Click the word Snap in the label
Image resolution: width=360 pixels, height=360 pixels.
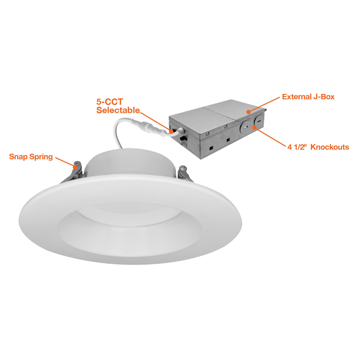point(18,157)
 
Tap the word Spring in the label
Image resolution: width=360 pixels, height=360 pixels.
point(41,157)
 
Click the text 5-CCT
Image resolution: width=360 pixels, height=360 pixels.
point(110,102)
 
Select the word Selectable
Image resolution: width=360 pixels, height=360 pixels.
point(118,110)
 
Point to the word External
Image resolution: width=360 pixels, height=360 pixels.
point(296,97)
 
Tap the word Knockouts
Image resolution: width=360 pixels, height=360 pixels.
point(330,147)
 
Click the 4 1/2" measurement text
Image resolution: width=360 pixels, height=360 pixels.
point(297,147)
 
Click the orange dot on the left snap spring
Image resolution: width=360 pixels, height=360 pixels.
point(75,167)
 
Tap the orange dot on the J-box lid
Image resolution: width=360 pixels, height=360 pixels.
point(248,112)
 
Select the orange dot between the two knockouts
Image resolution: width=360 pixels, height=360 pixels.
point(254,127)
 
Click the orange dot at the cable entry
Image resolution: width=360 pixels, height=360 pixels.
point(171,131)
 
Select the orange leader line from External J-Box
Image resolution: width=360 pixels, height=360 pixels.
point(264,104)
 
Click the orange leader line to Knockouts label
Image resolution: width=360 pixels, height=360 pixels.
point(270,137)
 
